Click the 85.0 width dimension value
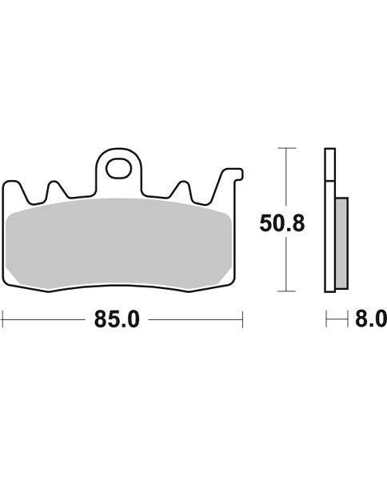tap(117, 320)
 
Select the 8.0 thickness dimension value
tap(370, 320)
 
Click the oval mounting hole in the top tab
tap(121, 169)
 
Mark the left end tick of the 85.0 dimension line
tap(3, 320)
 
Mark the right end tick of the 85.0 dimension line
tap(242, 320)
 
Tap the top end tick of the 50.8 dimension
tap(285, 149)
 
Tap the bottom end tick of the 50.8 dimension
tap(285, 291)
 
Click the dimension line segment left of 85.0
tap(44, 320)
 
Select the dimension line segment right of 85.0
tap(196, 320)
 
